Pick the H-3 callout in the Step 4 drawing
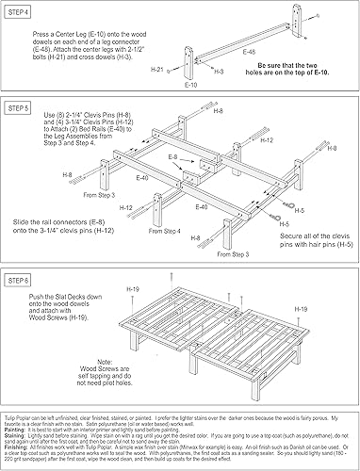(x=219, y=72)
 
